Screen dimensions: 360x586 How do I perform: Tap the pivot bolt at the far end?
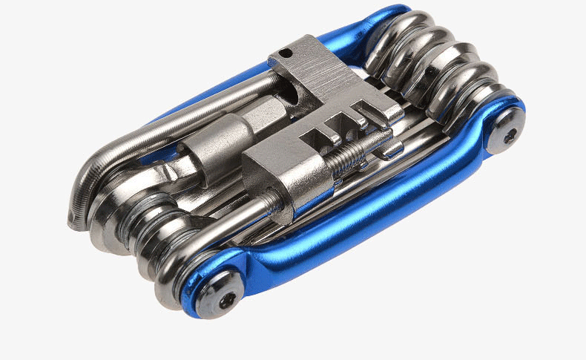click(x=510, y=135)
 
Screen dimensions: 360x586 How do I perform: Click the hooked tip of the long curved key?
click(x=74, y=219)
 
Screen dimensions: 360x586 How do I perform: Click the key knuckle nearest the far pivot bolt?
click(x=475, y=104)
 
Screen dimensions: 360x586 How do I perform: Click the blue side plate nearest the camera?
click(x=356, y=223)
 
